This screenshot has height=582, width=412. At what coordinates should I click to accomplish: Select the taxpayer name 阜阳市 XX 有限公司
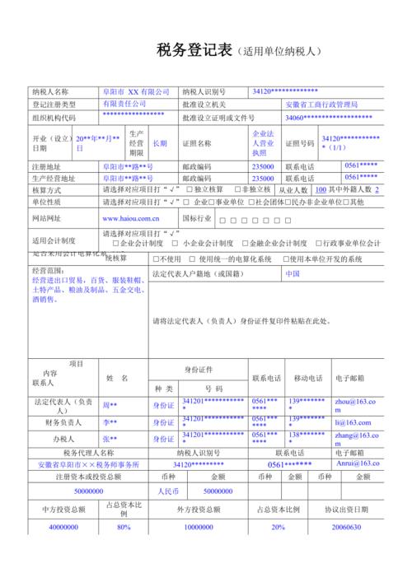136,92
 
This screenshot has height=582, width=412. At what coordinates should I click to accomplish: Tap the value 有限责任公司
124,105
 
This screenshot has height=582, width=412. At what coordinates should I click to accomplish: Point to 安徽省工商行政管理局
321,105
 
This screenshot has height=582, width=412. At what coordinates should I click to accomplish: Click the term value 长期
160,142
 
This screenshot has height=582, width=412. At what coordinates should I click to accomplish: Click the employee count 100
320,189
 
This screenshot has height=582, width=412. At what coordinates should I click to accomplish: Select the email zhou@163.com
355,405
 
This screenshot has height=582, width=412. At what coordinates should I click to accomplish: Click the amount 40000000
63,527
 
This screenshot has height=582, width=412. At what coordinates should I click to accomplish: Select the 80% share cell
124,527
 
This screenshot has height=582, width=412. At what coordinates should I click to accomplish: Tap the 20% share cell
279,527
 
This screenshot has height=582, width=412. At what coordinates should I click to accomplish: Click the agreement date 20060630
347,527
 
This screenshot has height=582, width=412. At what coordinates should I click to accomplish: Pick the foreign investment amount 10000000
198,527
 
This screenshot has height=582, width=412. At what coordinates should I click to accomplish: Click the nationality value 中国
293,272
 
